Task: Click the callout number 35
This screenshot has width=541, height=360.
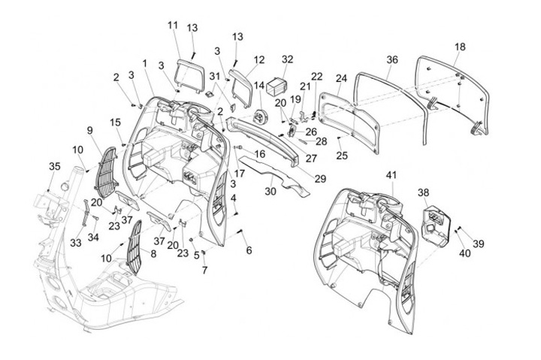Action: [x=54, y=166]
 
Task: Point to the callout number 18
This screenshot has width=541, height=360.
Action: [x=459, y=47]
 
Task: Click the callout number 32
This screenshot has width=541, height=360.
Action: [x=287, y=58]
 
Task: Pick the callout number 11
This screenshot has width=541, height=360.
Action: [x=173, y=25]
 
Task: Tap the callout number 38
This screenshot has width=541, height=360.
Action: [x=424, y=192]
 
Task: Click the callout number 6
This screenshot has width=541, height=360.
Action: [x=249, y=250]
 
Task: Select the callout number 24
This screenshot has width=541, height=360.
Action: [x=341, y=78]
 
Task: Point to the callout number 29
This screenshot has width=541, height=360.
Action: [x=319, y=179]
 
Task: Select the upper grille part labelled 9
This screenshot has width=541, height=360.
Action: [x=105, y=170]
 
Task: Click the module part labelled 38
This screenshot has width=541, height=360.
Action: [x=435, y=222]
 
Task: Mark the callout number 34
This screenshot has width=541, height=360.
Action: [x=94, y=238]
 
